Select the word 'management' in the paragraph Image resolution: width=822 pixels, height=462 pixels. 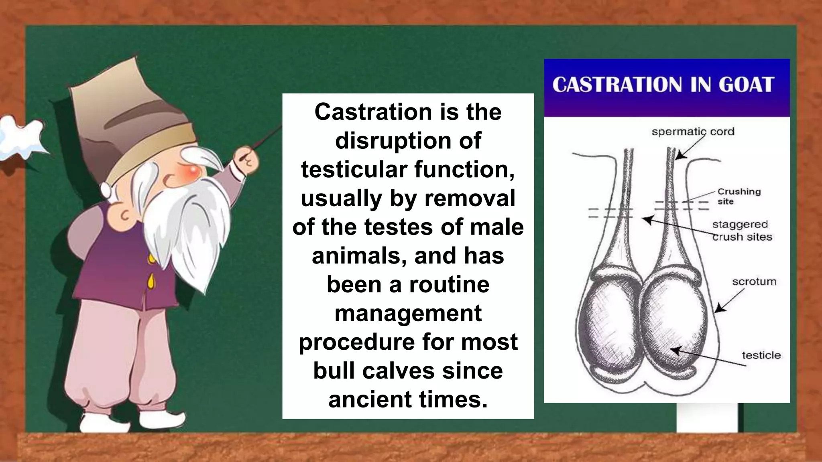click(x=408, y=313)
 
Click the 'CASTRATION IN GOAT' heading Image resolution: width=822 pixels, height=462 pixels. click(x=663, y=85)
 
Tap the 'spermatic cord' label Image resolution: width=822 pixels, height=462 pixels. click(x=693, y=132)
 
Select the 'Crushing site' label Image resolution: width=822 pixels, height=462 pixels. click(x=739, y=196)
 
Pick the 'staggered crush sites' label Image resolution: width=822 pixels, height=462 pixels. click(x=742, y=231)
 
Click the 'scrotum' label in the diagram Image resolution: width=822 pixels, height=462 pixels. click(x=754, y=282)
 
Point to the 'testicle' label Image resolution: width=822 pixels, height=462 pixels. click(x=761, y=355)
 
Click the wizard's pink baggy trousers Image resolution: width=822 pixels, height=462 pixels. click(x=120, y=353)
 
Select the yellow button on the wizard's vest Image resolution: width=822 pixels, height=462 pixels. click(x=151, y=281)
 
